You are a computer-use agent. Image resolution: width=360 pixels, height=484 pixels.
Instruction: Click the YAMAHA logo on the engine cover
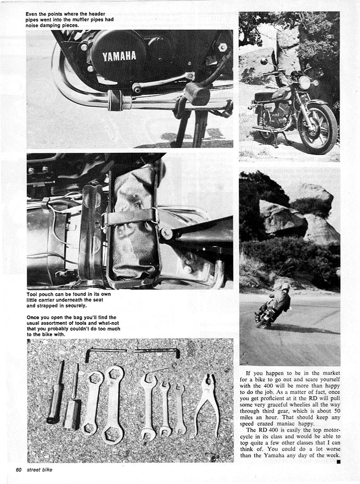click(119, 56)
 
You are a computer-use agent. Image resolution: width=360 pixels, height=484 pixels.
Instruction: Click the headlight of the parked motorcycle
click(305, 82)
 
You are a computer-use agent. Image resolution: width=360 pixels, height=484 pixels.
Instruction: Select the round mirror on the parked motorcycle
click(263, 60)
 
